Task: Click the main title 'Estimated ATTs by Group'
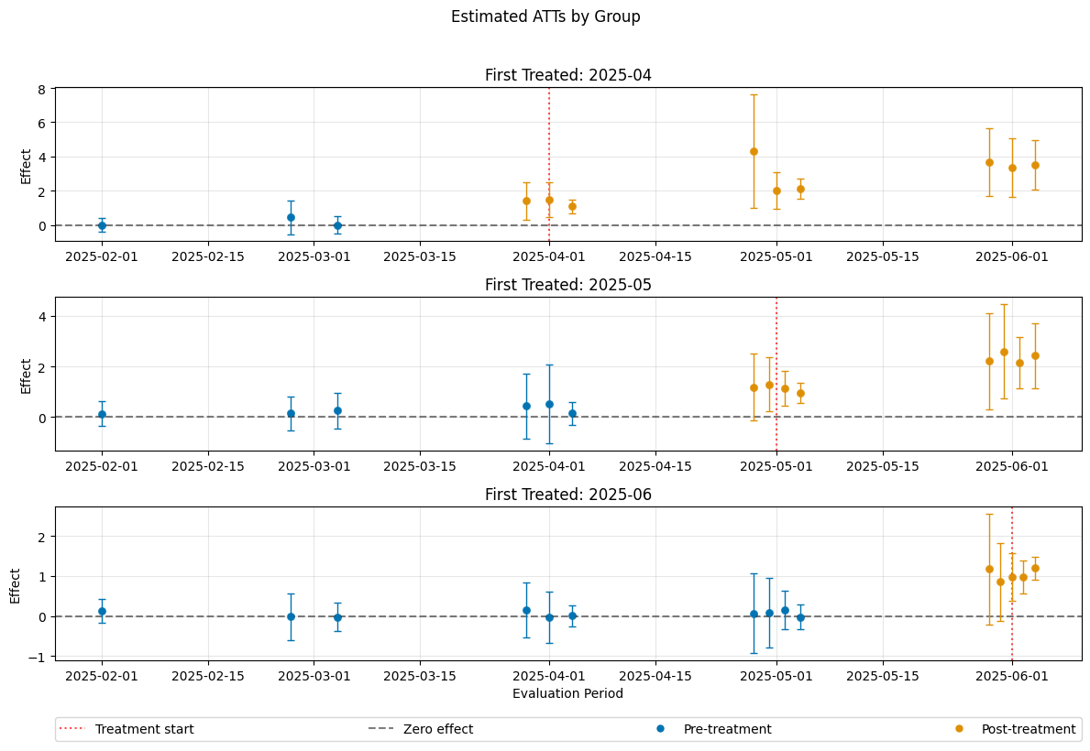(545, 16)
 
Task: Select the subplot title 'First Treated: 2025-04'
(567, 75)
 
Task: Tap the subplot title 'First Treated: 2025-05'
(567, 285)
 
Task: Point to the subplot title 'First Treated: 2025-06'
(567, 495)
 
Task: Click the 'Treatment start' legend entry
(144, 729)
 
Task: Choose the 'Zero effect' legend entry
(438, 729)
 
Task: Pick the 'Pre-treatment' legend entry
(727, 729)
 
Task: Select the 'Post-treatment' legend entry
(1028, 729)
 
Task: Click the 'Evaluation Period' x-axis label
(567, 693)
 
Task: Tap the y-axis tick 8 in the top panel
(42, 89)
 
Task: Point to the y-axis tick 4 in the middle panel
(42, 317)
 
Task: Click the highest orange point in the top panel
(754, 151)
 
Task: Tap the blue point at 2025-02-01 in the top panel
(102, 225)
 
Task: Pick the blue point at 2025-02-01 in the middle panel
(102, 414)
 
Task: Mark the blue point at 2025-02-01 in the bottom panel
(102, 611)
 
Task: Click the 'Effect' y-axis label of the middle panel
(27, 375)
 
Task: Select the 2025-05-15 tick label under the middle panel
(883, 466)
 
